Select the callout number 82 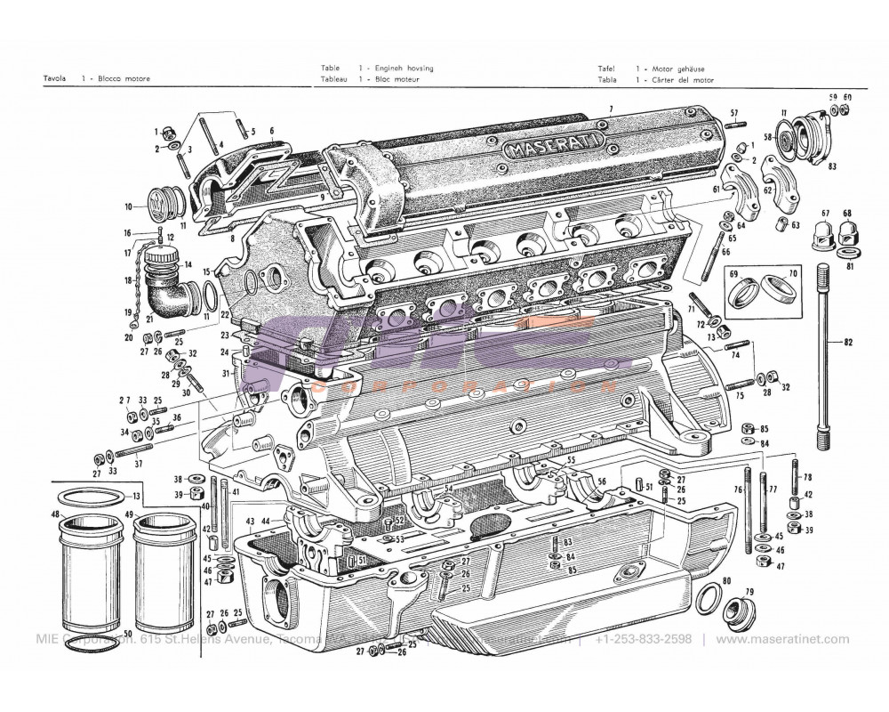coord(847,342)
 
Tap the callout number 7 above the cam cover coord(611,109)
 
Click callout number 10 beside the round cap coord(129,206)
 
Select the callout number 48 coord(55,514)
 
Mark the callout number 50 coord(129,634)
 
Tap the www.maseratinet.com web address coord(782,639)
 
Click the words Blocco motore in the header coord(124,79)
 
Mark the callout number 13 coord(136,496)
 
